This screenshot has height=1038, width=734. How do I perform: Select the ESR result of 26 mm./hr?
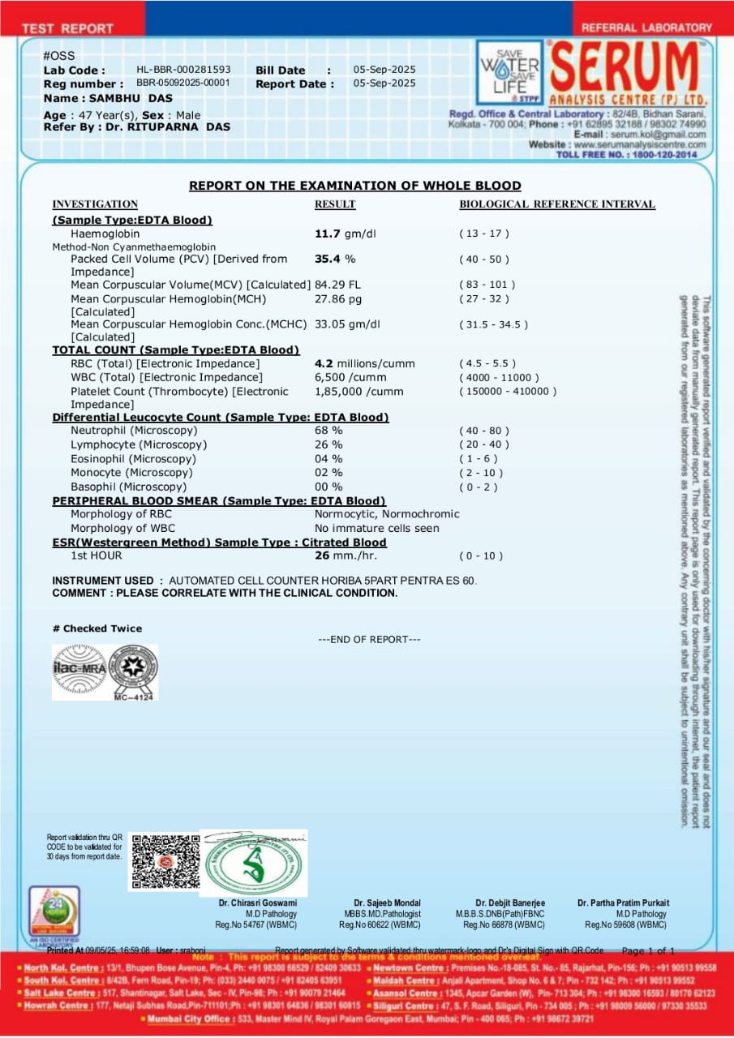[346, 556]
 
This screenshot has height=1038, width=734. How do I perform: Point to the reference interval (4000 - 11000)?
[498, 378]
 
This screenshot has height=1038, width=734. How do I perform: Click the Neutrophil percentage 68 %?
[328, 431]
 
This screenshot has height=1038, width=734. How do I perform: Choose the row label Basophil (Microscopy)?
[128, 487]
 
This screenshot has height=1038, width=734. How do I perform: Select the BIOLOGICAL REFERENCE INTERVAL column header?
[557, 204]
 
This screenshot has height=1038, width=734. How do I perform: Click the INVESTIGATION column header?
[95, 204]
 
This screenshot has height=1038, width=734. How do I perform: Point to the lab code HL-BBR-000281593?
[183, 71]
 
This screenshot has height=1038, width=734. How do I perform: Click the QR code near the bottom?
[165, 861]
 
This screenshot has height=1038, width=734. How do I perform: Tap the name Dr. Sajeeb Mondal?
[387, 903]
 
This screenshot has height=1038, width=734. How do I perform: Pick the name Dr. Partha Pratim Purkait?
[624, 903]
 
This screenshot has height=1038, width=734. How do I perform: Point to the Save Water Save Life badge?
[509, 72]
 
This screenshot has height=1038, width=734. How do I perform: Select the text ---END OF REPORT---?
[369, 640]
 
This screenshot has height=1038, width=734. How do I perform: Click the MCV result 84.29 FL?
[337, 285]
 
